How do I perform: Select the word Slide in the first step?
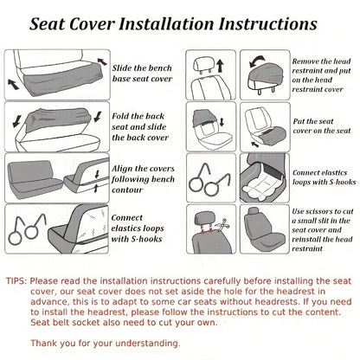pos(124,67)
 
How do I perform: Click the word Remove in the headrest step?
pos(310,61)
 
